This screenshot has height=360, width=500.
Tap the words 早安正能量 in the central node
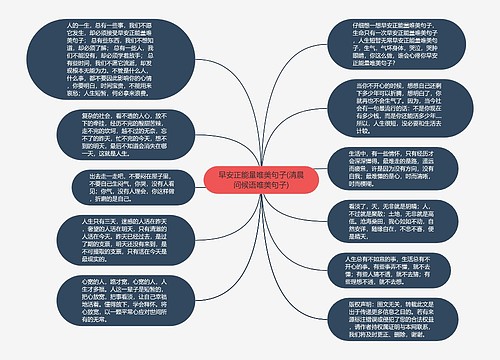point(226,172)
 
